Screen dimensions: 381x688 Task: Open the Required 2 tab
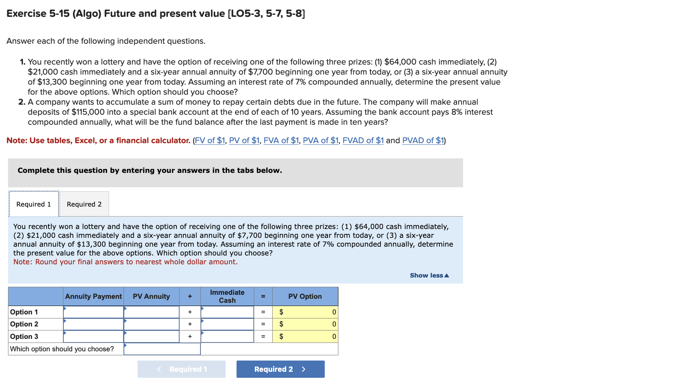84,204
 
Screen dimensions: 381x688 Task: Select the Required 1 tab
34,204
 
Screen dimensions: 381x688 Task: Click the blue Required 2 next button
280,369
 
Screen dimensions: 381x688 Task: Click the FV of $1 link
210,140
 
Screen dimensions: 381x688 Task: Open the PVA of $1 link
320,140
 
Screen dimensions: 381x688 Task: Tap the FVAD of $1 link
363,140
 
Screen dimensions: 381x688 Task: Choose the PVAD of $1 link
423,140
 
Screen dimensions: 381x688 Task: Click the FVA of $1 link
281,140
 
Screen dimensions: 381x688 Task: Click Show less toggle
429,276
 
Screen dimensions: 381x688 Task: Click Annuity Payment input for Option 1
93,312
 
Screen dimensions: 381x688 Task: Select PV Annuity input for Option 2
152,324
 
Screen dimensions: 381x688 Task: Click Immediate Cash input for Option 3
227,336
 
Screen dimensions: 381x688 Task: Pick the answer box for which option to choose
162,349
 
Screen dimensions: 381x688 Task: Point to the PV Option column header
305,296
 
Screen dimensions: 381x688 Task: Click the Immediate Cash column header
227,296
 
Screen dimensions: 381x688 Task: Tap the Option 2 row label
24,324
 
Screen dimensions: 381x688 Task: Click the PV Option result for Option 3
305,336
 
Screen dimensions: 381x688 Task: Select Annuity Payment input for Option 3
93,336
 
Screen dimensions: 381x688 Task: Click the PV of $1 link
244,140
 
